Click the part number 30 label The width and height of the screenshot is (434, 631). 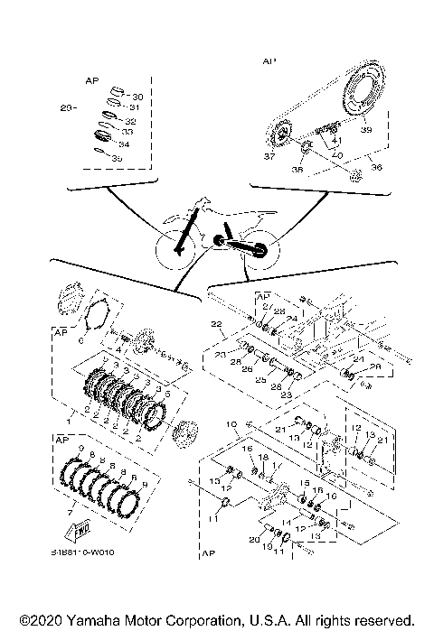pyautogui.click(x=137, y=97)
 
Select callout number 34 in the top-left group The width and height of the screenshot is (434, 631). pyautogui.click(x=124, y=144)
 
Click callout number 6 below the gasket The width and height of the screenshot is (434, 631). pyautogui.click(x=81, y=341)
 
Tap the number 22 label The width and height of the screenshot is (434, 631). pyautogui.click(x=215, y=323)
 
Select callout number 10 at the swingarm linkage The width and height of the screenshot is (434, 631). pyautogui.click(x=232, y=422)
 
